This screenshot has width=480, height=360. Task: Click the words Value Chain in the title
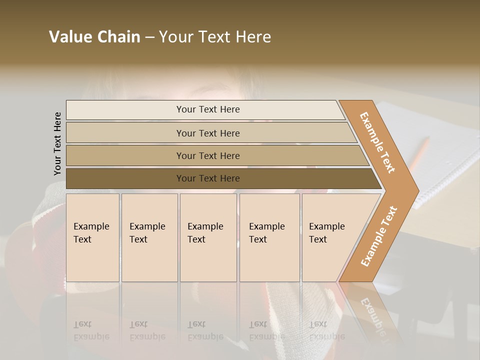point(94,36)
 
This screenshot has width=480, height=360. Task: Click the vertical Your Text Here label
point(57,143)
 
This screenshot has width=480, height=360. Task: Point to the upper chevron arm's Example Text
point(377,142)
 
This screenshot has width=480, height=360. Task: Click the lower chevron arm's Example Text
point(379,236)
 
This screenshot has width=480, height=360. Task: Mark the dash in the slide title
point(149,37)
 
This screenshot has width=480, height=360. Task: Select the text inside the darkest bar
point(208,178)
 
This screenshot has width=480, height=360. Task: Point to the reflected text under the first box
point(91,330)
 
